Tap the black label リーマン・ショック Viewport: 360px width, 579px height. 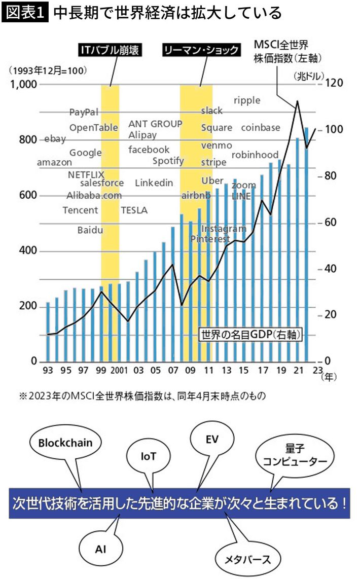pyautogui.click(x=200, y=50)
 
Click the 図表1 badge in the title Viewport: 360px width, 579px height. pyautogui.click(x=25, y=13)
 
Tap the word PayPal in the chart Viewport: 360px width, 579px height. pyautogui.click(x=84, y=112)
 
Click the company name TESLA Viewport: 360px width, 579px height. pyautogui.click(x=134, y=210)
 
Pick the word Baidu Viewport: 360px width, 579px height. pyautogui.click(x=90, y=230)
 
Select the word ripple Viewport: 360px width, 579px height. pyautogui.click(x=247, y=100)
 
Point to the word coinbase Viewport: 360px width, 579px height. pyautogui.click(x=261, y=128)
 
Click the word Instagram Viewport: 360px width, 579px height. pyautogui.click(x=224, y=229)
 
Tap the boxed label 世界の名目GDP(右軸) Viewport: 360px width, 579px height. pyautogui.click(x=251, y=334)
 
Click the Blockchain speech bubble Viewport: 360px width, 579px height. pyautogui.click(x=65, y=442)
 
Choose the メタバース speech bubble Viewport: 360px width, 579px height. pyautogui.click(x=247, y=559)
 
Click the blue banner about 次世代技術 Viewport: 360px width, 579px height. pyautogui.click(x=179, y=503)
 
